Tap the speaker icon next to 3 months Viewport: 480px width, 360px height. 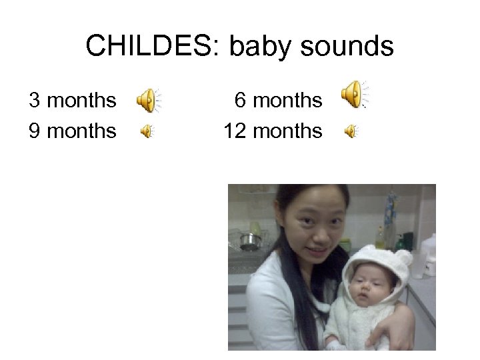coord(148,101)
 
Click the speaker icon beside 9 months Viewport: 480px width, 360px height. coord(146,132)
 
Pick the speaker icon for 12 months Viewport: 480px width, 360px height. coord(351,132)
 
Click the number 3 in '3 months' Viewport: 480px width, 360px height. coord(35,101)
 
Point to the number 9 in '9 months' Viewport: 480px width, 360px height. coord(35,131)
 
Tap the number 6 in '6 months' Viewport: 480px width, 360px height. coord(241,101)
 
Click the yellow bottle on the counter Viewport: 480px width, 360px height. coord(379,237)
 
